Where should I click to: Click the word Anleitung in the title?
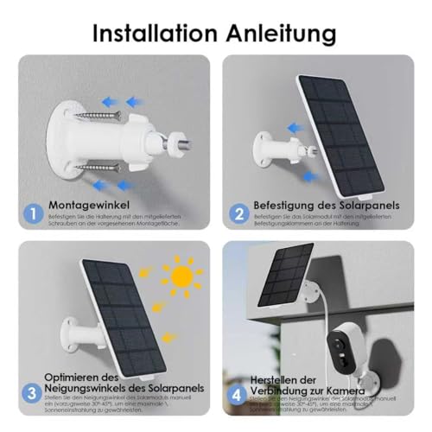click(277, 35)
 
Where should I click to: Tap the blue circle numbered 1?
click(32, 213)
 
